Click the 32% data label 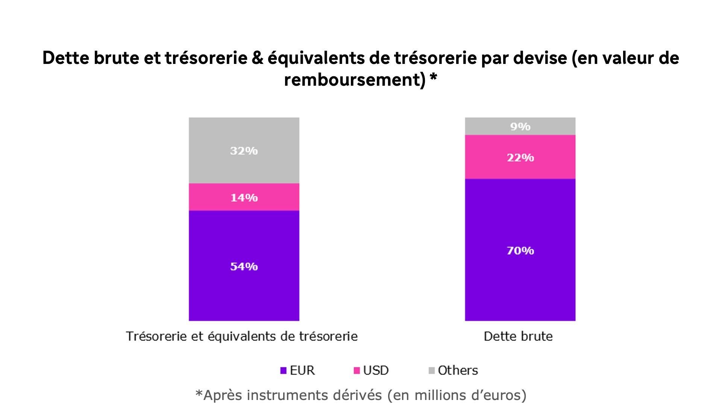point(244,151)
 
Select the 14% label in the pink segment point(244,197)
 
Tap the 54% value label point(244,267)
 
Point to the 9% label point(520,127)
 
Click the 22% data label point(520,158)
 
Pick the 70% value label point(520,251)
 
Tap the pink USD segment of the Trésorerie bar point(211,197)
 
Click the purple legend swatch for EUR point(284,371)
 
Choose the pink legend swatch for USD point(357,371)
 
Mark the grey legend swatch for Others point(431,371)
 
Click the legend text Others point(458,371)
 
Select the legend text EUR point(302,371)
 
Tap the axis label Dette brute point(518,336)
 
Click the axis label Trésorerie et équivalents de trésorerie point(242,336)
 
